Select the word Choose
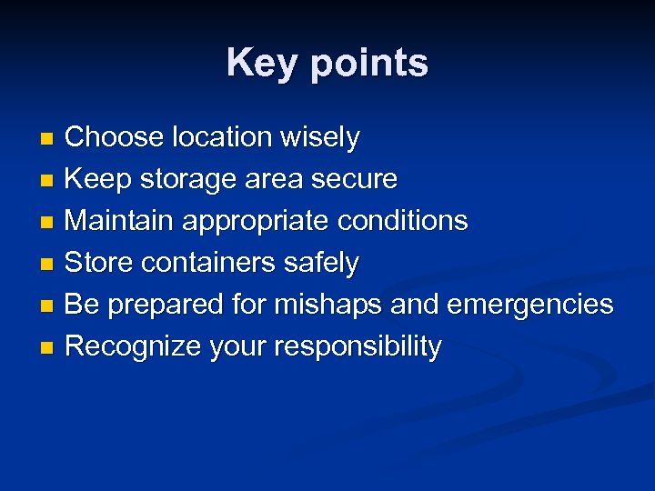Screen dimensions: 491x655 click(112, 137)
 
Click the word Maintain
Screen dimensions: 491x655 click(121, 221)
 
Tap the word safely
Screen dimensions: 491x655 click(320, 264)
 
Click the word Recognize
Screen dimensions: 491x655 click(135, 347)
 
